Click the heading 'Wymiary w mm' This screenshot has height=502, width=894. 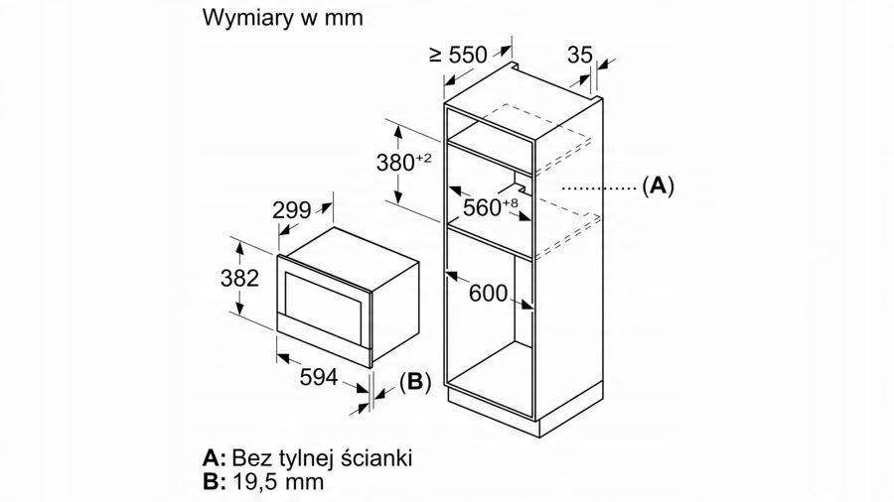click(x=282, y=18)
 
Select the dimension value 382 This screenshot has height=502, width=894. click(x=239, y=278)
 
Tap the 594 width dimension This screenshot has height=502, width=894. click(x=319, y=377)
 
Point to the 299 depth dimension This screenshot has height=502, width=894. click(x=291, y=210)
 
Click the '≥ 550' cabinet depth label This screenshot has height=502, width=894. click(x=459, y=56)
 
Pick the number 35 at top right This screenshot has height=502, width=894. click(x=580, y=55)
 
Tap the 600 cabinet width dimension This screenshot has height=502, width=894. click(x=488, y=293)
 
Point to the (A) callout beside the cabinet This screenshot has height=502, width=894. click(x=658, y=187)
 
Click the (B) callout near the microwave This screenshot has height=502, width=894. click(x=415, y=381)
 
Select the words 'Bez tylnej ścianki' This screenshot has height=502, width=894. click(x=322, y=457)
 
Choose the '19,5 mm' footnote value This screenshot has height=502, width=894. click(x=278, y=481)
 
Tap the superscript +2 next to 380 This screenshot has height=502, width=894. click(x=423, y=158)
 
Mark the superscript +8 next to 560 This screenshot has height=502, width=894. click(x=511, y=203)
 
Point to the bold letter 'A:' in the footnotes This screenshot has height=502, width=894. click(x=215, y=457)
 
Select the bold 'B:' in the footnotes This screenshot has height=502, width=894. click(x=215, y=481)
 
